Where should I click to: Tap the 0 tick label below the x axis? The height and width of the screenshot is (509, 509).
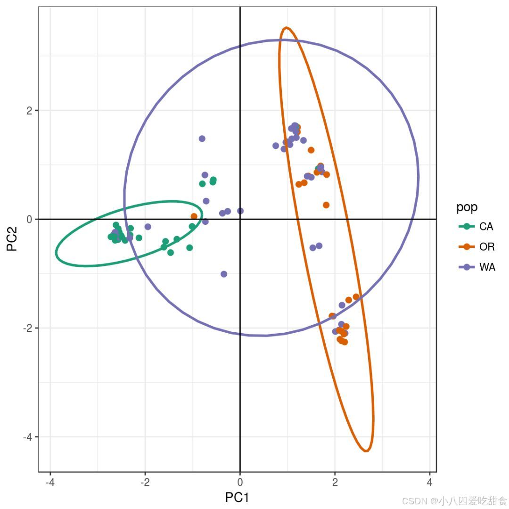tap(240, 483)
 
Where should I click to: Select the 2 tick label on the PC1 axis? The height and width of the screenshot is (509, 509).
tap(335, 483)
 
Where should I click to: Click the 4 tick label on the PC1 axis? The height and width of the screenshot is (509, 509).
tap(429, 483)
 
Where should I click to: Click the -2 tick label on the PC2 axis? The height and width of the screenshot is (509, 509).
tap(28, 328)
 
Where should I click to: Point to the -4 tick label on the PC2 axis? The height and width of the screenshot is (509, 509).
tap(28, 437)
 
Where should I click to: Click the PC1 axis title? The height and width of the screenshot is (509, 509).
tap(237, 498)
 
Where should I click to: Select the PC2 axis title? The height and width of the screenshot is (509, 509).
tap(12, 238)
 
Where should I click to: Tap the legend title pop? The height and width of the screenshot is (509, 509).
tap(467, 207)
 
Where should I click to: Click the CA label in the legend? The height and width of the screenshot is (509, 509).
tap(486, 227)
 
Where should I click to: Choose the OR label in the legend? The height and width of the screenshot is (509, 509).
tap(486, 247)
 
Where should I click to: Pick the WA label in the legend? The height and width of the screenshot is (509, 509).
tap(487, 267)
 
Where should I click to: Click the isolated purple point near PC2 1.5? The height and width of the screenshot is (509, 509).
tap(202, 139)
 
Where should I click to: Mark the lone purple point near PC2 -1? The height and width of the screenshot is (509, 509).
tap(224, 274)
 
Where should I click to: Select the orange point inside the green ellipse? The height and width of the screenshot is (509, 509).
tap(194, 216)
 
